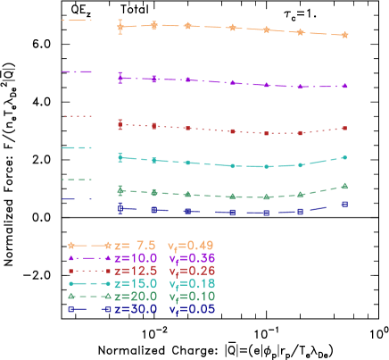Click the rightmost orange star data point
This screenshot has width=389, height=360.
345,36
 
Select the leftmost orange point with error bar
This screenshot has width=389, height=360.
120,27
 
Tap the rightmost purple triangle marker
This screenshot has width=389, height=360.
345,86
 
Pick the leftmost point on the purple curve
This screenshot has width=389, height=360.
120,78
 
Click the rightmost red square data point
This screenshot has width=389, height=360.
345,129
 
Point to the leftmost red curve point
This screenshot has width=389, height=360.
120,124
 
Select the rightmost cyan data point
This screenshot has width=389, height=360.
345,157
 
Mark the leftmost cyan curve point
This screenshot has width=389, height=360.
120,157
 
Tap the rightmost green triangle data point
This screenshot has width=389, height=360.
345,186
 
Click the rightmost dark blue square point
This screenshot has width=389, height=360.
345,204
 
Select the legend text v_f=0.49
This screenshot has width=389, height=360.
191,245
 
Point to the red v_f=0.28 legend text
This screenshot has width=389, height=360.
191,270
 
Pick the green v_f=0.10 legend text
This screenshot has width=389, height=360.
191,296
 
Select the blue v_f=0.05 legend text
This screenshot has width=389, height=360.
191,309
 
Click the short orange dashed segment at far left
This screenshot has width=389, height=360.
76,20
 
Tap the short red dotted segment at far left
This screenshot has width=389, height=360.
77,116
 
